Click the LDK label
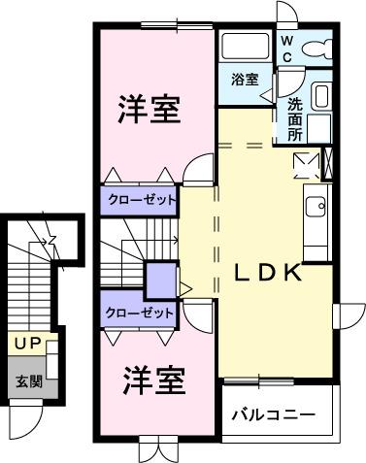tap(271, 273)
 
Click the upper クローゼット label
tap(142, 201)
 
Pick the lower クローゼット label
tap(141, 314)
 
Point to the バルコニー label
tap(274, 415)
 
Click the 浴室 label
tap(245, 80)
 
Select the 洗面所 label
tap(292, 118)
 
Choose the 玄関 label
tap(27, 380)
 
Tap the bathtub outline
tap(245, 48)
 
